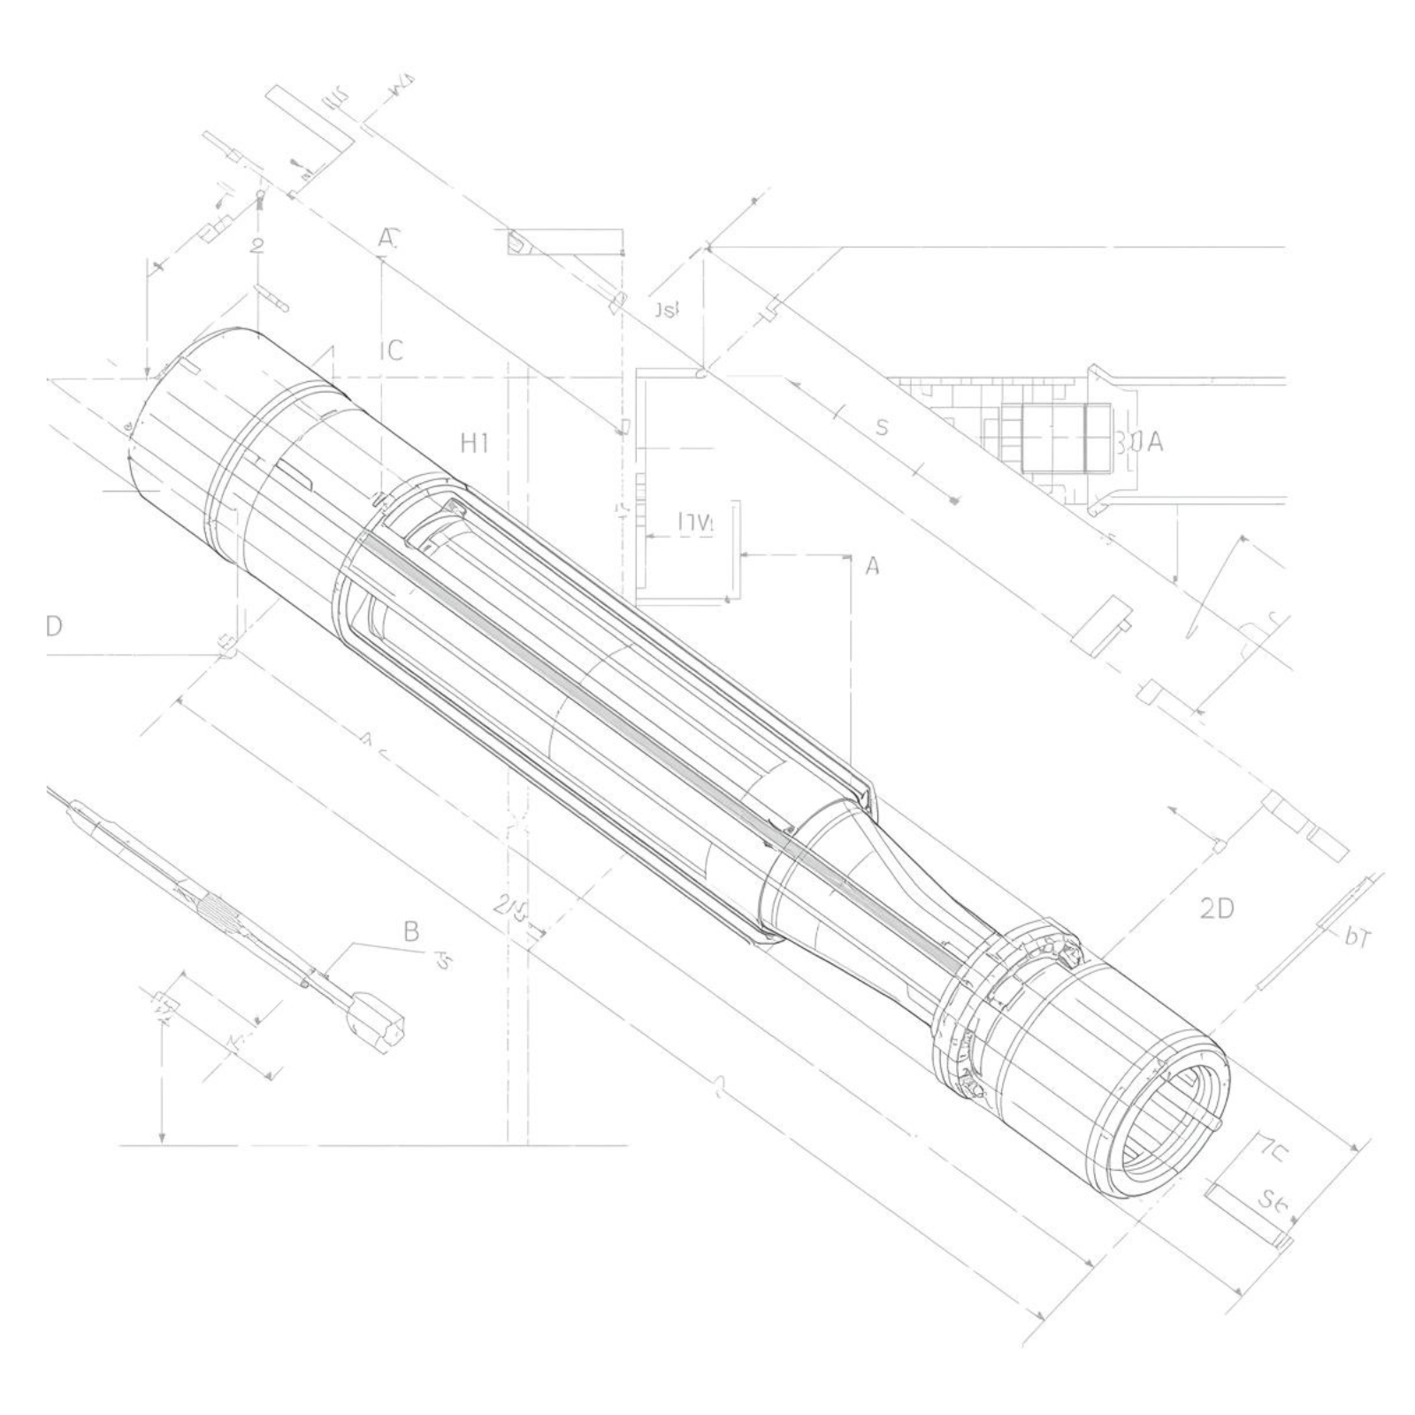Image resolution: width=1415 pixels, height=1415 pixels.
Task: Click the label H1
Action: pyautogui.click(x=475, y=443)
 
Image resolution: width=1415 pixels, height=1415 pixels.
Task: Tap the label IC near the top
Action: pyautogui.click(x=391, y=350)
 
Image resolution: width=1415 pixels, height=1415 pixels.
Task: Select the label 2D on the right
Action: pyautogui.click(x=1217, y=907)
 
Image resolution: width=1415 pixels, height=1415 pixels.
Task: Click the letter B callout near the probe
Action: pyautogui.click(x=411, y=930)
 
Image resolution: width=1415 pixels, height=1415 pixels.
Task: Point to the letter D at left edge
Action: pyautogui.click(x=54, y=626)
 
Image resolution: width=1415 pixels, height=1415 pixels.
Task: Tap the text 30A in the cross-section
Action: pyautogui.click(x=1138, y=441)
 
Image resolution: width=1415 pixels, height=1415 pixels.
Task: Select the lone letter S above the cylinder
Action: pyautogui.click(x=881, y=428)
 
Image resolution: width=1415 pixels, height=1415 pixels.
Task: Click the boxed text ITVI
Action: pyautogui.click(x=694, y=524)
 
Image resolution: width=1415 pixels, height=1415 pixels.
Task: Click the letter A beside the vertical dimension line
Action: pyautogui.click(x=872, y=566)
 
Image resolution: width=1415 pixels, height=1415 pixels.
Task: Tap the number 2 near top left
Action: pyautogui.click(x=257, y=246)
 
